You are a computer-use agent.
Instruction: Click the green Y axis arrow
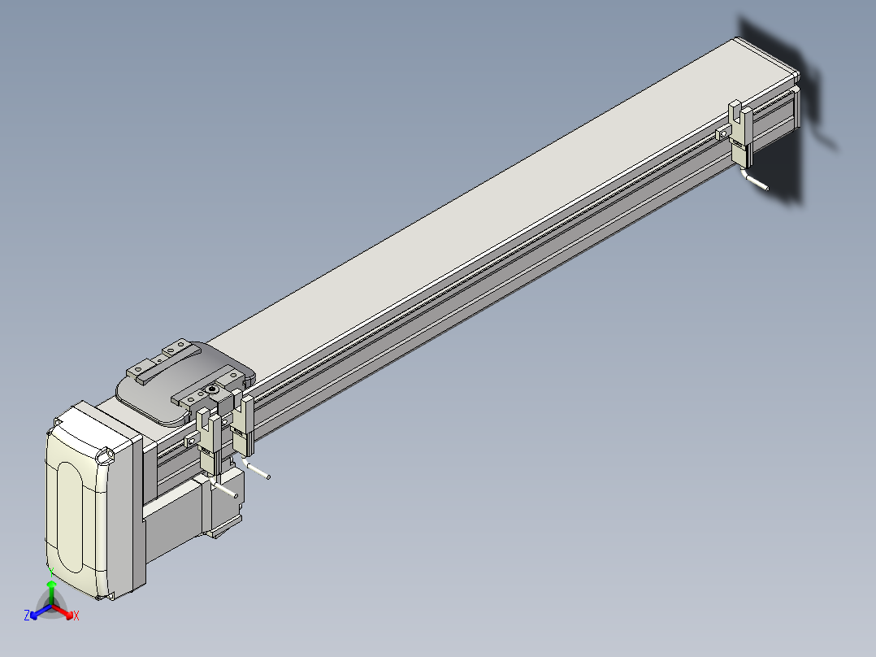tap(51, 592)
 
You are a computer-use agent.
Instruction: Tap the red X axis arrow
tap(63, 611)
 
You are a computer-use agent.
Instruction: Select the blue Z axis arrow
tap(41, 611)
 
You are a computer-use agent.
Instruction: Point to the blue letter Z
tap(27, 615)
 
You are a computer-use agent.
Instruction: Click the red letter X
tap(76, 616)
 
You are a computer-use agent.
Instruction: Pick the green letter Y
tap(51, 572)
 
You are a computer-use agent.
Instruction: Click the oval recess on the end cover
tap(70, 516)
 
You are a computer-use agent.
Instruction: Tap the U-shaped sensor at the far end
tap(740, 133)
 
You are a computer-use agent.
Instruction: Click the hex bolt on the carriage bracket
tap(211, 389)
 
